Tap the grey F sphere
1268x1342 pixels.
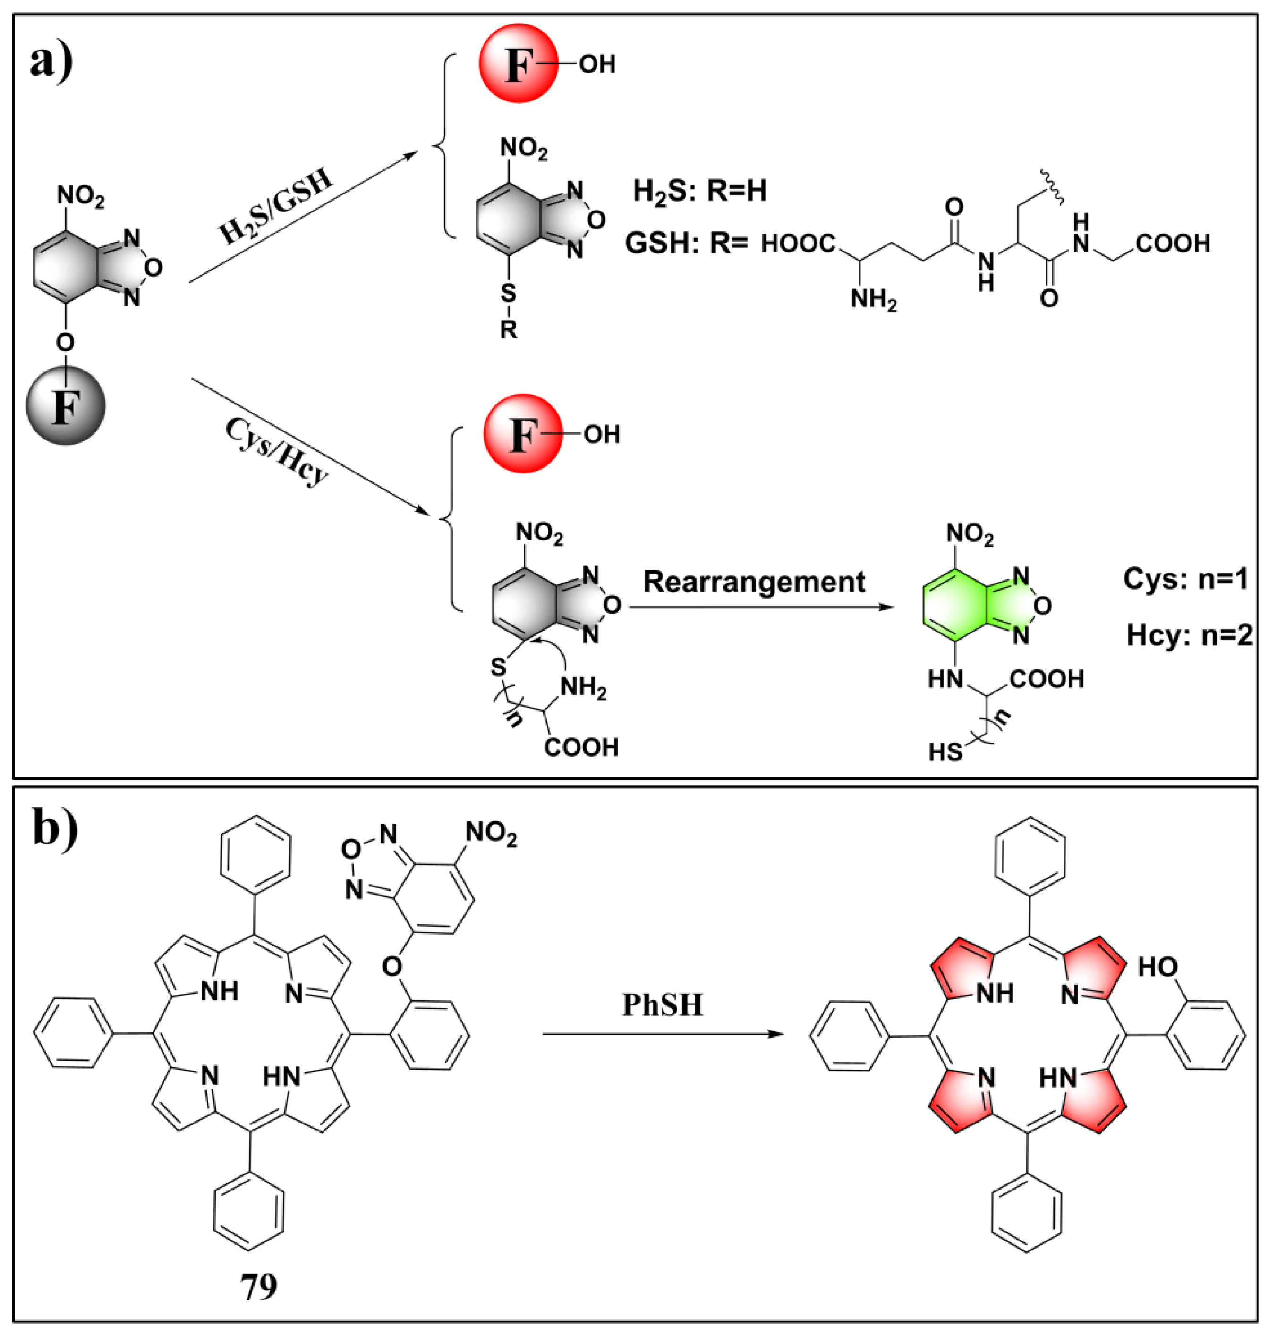click(66, 405)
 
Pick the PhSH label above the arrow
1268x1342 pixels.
click(663, 1005)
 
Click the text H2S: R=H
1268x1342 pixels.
click(699, 191)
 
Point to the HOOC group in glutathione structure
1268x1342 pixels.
click(798, 243)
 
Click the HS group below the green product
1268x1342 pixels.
click(945, 752)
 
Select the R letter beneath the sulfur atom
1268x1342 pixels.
click(508, 330)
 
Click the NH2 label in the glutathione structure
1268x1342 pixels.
click(873, 299)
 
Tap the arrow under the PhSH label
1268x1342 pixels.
click(663, 1034)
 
